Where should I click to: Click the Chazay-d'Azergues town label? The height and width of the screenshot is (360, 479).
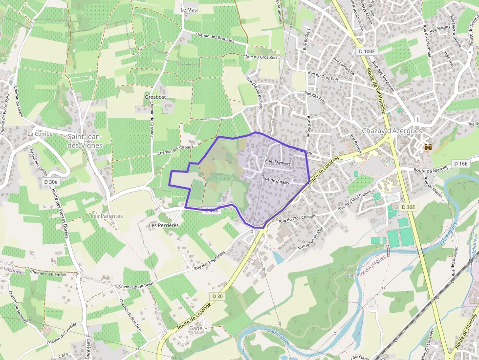pyautogui.click(x=392, y=131)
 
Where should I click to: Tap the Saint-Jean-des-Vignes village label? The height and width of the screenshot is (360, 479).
pyautogui.click(x=85, y=141)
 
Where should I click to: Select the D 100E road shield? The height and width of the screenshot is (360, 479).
pyautogui.click(x=366, y=51)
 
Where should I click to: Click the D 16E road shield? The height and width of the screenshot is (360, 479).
pyautogui.click(x=460, y=163)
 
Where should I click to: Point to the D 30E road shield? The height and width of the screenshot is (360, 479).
pyautogui.click(x=408, y=207)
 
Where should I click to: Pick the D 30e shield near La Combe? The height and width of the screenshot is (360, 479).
pyautogui.click(x=50, y=182)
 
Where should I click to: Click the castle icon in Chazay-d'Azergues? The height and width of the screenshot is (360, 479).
pyautogui.click(x=429, y=147)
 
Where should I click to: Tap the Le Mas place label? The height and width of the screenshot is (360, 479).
pyautogui.click(x=189, y=10)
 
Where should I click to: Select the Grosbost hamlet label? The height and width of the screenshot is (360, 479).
pyautogui.click(x=155, y=97)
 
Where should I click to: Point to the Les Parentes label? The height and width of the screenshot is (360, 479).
pyautogui.click(x=107, y=216)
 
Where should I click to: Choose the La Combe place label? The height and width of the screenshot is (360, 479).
pyautogui.click(x=40, y=134)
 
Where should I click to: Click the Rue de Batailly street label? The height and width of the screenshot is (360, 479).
pyautogui.click(x=276, y=181)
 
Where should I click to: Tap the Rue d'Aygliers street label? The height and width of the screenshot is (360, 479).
pyautogui.click(x=278, y=163)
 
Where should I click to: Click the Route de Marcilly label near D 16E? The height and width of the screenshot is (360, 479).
pyautogui.click(x=431, y=170)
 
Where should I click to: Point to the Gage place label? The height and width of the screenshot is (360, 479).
pyautogui.click(x=196, y=328)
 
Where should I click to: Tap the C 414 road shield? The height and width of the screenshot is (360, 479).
pyautogui.click(x=63, y=355)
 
